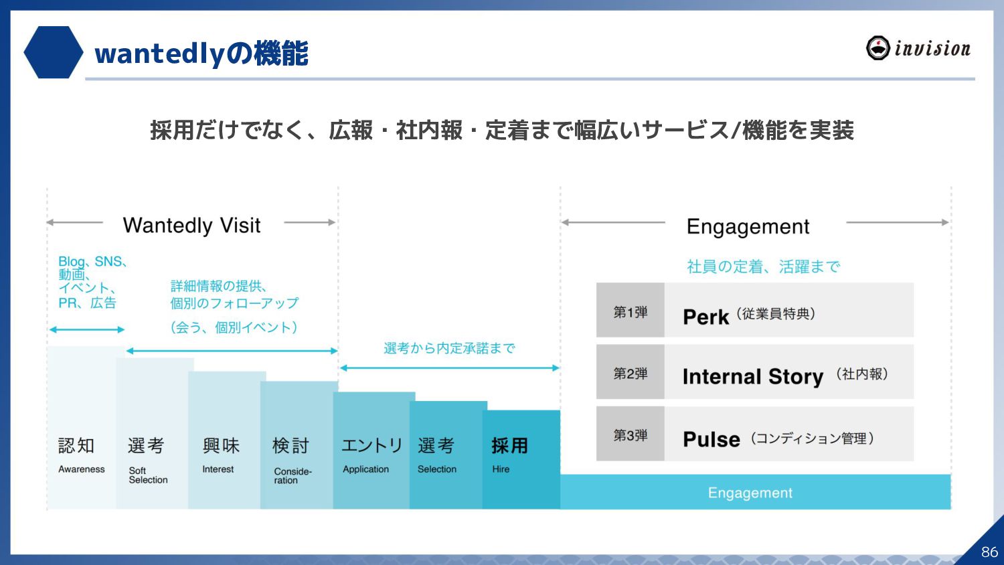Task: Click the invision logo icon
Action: coord(877,48)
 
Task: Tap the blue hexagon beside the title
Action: coord(53,52)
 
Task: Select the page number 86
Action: coord(989,552)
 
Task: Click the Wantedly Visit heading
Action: coord(191,226)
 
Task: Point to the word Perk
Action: coord(705,317)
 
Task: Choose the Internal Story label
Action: coord(752,377)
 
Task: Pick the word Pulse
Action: coord(711,440)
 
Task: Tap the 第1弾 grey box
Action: coord(630,311)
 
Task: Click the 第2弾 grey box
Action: coord(630,373)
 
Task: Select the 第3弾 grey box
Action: coord(630,435)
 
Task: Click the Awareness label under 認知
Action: coord(82,469)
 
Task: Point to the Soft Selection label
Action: coord(148,475)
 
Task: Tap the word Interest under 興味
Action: coord(218,469)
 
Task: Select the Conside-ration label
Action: coord(292,475)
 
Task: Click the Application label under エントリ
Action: coord(365,469)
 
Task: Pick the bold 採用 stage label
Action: coord(509,446)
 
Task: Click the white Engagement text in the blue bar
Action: coord(750,493)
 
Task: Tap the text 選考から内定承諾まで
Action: coord(449,348)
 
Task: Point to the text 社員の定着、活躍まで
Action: coord(763,267)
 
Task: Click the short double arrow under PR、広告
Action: coord(87,329)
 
